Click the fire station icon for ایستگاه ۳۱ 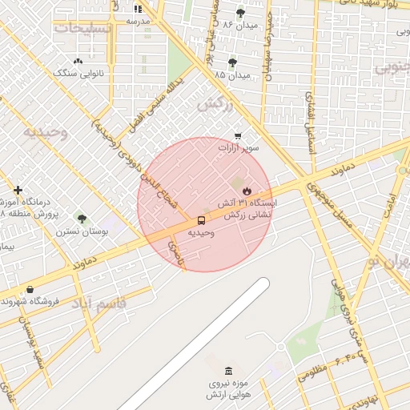click(247, 191)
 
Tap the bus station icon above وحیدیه click(200, 219)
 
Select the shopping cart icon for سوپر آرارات click(238, 136)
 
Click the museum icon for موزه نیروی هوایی click(230, 372)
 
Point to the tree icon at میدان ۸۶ click(240, 14)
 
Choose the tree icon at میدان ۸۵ click(232, 62)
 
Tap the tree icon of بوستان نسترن click(81, 218)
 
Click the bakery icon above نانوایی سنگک click(78, 61)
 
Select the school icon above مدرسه click(136, 9)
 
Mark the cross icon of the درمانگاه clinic click(18, 190)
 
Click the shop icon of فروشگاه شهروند click(30, 289)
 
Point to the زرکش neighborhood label click(214, 105)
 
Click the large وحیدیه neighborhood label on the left click(44, 131)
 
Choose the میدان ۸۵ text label click(232, 74)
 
